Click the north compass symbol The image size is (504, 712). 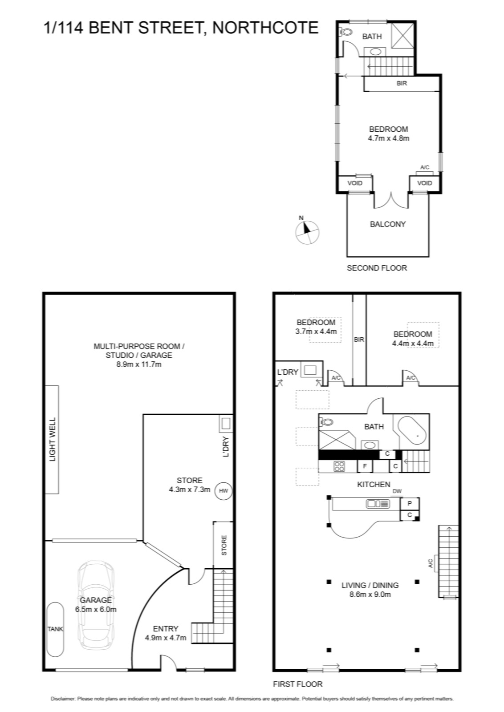pyautogui.click(x=307, y=232)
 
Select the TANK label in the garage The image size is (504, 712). pyautogui.click(x=55, y=629)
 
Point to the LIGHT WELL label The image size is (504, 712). pyautogui.click(x=52, y=440)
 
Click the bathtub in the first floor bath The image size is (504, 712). pyautogui.click(x=414, y=430)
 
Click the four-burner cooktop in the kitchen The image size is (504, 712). pyautogui.click(x=339, y=466)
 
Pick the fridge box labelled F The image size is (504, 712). pyautogui.click(x=366, y=466)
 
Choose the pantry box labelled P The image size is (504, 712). pyautogui.click(x=410, y=503)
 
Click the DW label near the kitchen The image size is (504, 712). pyautogui.click(x=397, y=491)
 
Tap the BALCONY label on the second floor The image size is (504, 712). pyautogui.click(x=388, y=224)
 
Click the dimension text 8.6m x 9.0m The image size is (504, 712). pyautogui.click(x=370, y=594)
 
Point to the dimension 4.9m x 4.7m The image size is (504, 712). pyautogui.click(x=166, y=638)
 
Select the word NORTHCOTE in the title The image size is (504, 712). pyautogui.click(x=265, y=28)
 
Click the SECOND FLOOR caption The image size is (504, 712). pyautogui.click(x=377, y=268)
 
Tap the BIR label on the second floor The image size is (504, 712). pyautogui.click(x=402, y=83)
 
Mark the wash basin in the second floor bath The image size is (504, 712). pyautogui.click(x=375, y=52)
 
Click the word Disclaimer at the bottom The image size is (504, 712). pyautogui.click(x=63, y=699)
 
